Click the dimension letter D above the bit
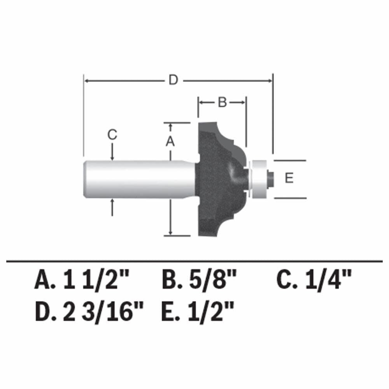click(x=173, y=81)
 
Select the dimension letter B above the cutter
click(x=222, y=102)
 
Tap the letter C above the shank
click(x=112, y=135)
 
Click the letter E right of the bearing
click(x=289, y=179)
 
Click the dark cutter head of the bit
click(x=216, y=179)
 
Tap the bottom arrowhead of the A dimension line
click(x=170, y=232)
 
